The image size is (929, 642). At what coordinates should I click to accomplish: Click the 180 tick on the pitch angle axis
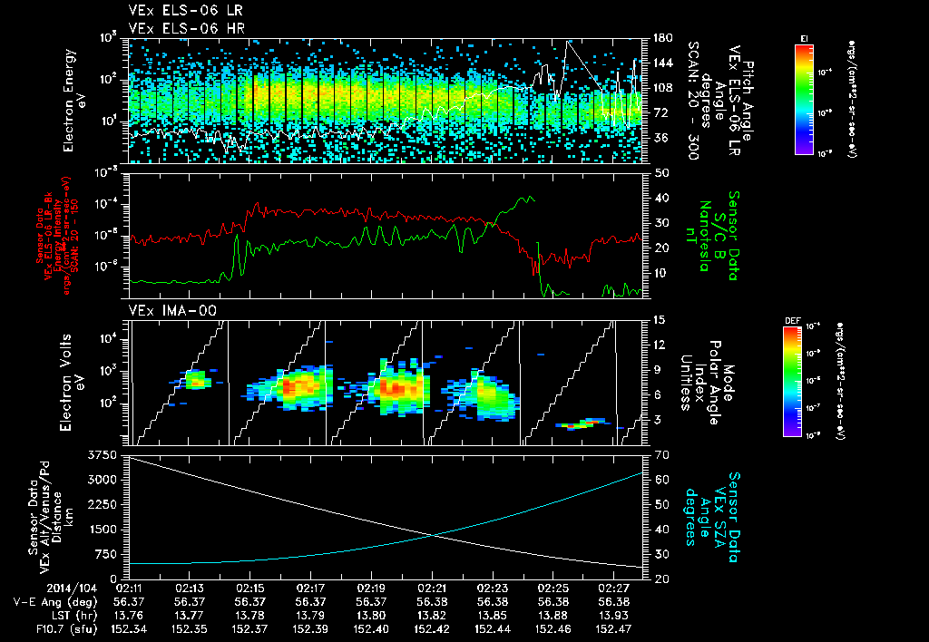point(661,38)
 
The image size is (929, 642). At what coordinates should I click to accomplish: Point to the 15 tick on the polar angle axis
point(660,319)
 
